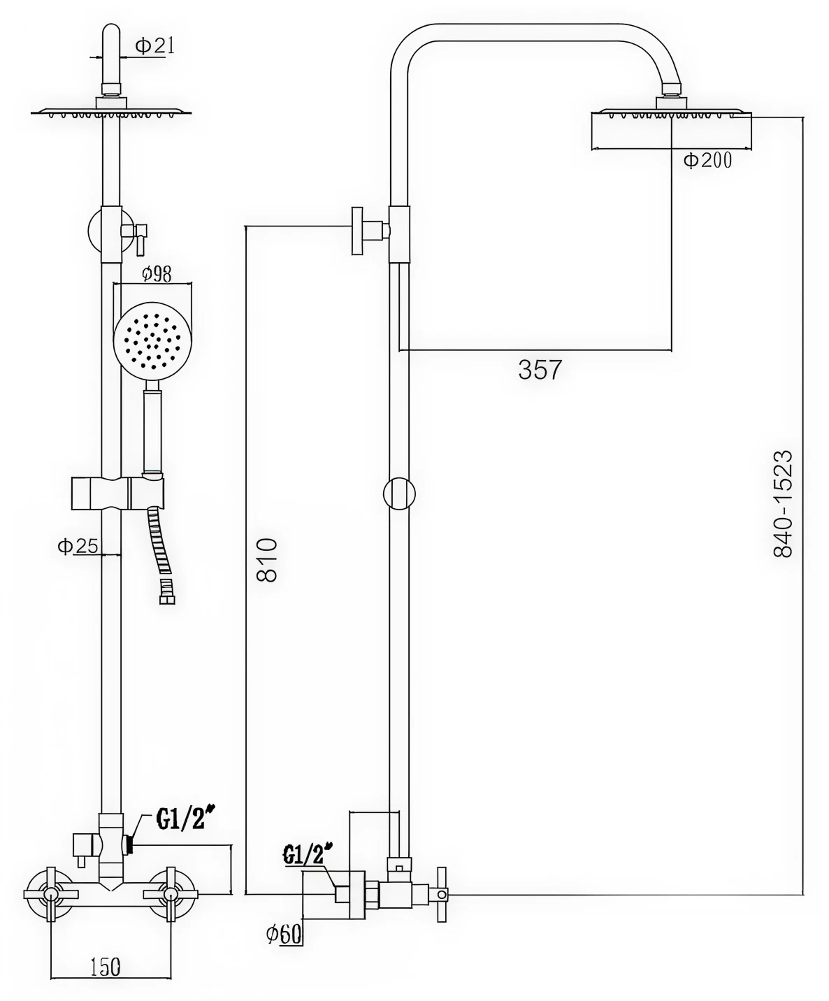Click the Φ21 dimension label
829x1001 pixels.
pyautogui.click(x=154, y=46)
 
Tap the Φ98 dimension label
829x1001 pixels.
pyautogui.click(x=157, y=274)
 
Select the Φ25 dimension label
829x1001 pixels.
pyautogui.click(x=78, y=546)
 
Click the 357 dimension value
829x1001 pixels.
pyautogui.click(x=540, y=370)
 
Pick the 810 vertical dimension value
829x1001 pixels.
pyautogui.click(x=267, y=560)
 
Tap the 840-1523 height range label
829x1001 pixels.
pyautogui.click(x=783, y=504)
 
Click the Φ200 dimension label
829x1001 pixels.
pyautogui.click(x=707, y=160)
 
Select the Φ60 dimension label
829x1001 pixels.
pyautogui.click(x=284, y=932)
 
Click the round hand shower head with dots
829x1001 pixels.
pyautogui.click(x=152, y=340)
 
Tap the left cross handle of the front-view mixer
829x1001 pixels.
pyautogui.click(x=51, y=894)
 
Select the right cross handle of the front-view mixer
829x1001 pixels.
pyautogui.click(x=171, y=894)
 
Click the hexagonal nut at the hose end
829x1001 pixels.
pyautogui.click(x=167, y=599)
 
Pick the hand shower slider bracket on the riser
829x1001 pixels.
pyautogui.click(x=117, y=493)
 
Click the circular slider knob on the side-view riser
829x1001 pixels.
pyautogui.click(x=399, y=494)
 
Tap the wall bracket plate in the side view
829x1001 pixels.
pyautogui.click(x=357, y=231)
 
